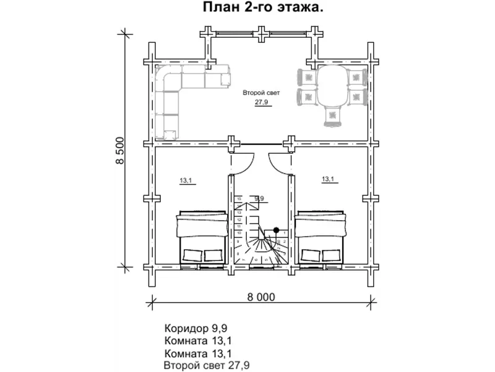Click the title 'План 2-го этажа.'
pyautogui.click(x=262, y=8)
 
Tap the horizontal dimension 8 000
pyautogui.click(x=260, y=297)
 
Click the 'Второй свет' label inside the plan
pyautogui.click(x=261, y=92)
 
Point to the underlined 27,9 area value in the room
pyautogui.click(x=261, y=103)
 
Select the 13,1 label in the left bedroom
pyautogui.click(x=186, y=181)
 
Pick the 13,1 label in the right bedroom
pyautogui.click(x=328, y=180)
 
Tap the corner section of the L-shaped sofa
pyautogui.click(x=168, y=78)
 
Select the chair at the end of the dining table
pyautogui.click(x=333, y=116)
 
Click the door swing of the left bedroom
pyautogui.click(x=242, y=161)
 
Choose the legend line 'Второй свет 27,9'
pyautogui.click(x=207, y=366)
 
